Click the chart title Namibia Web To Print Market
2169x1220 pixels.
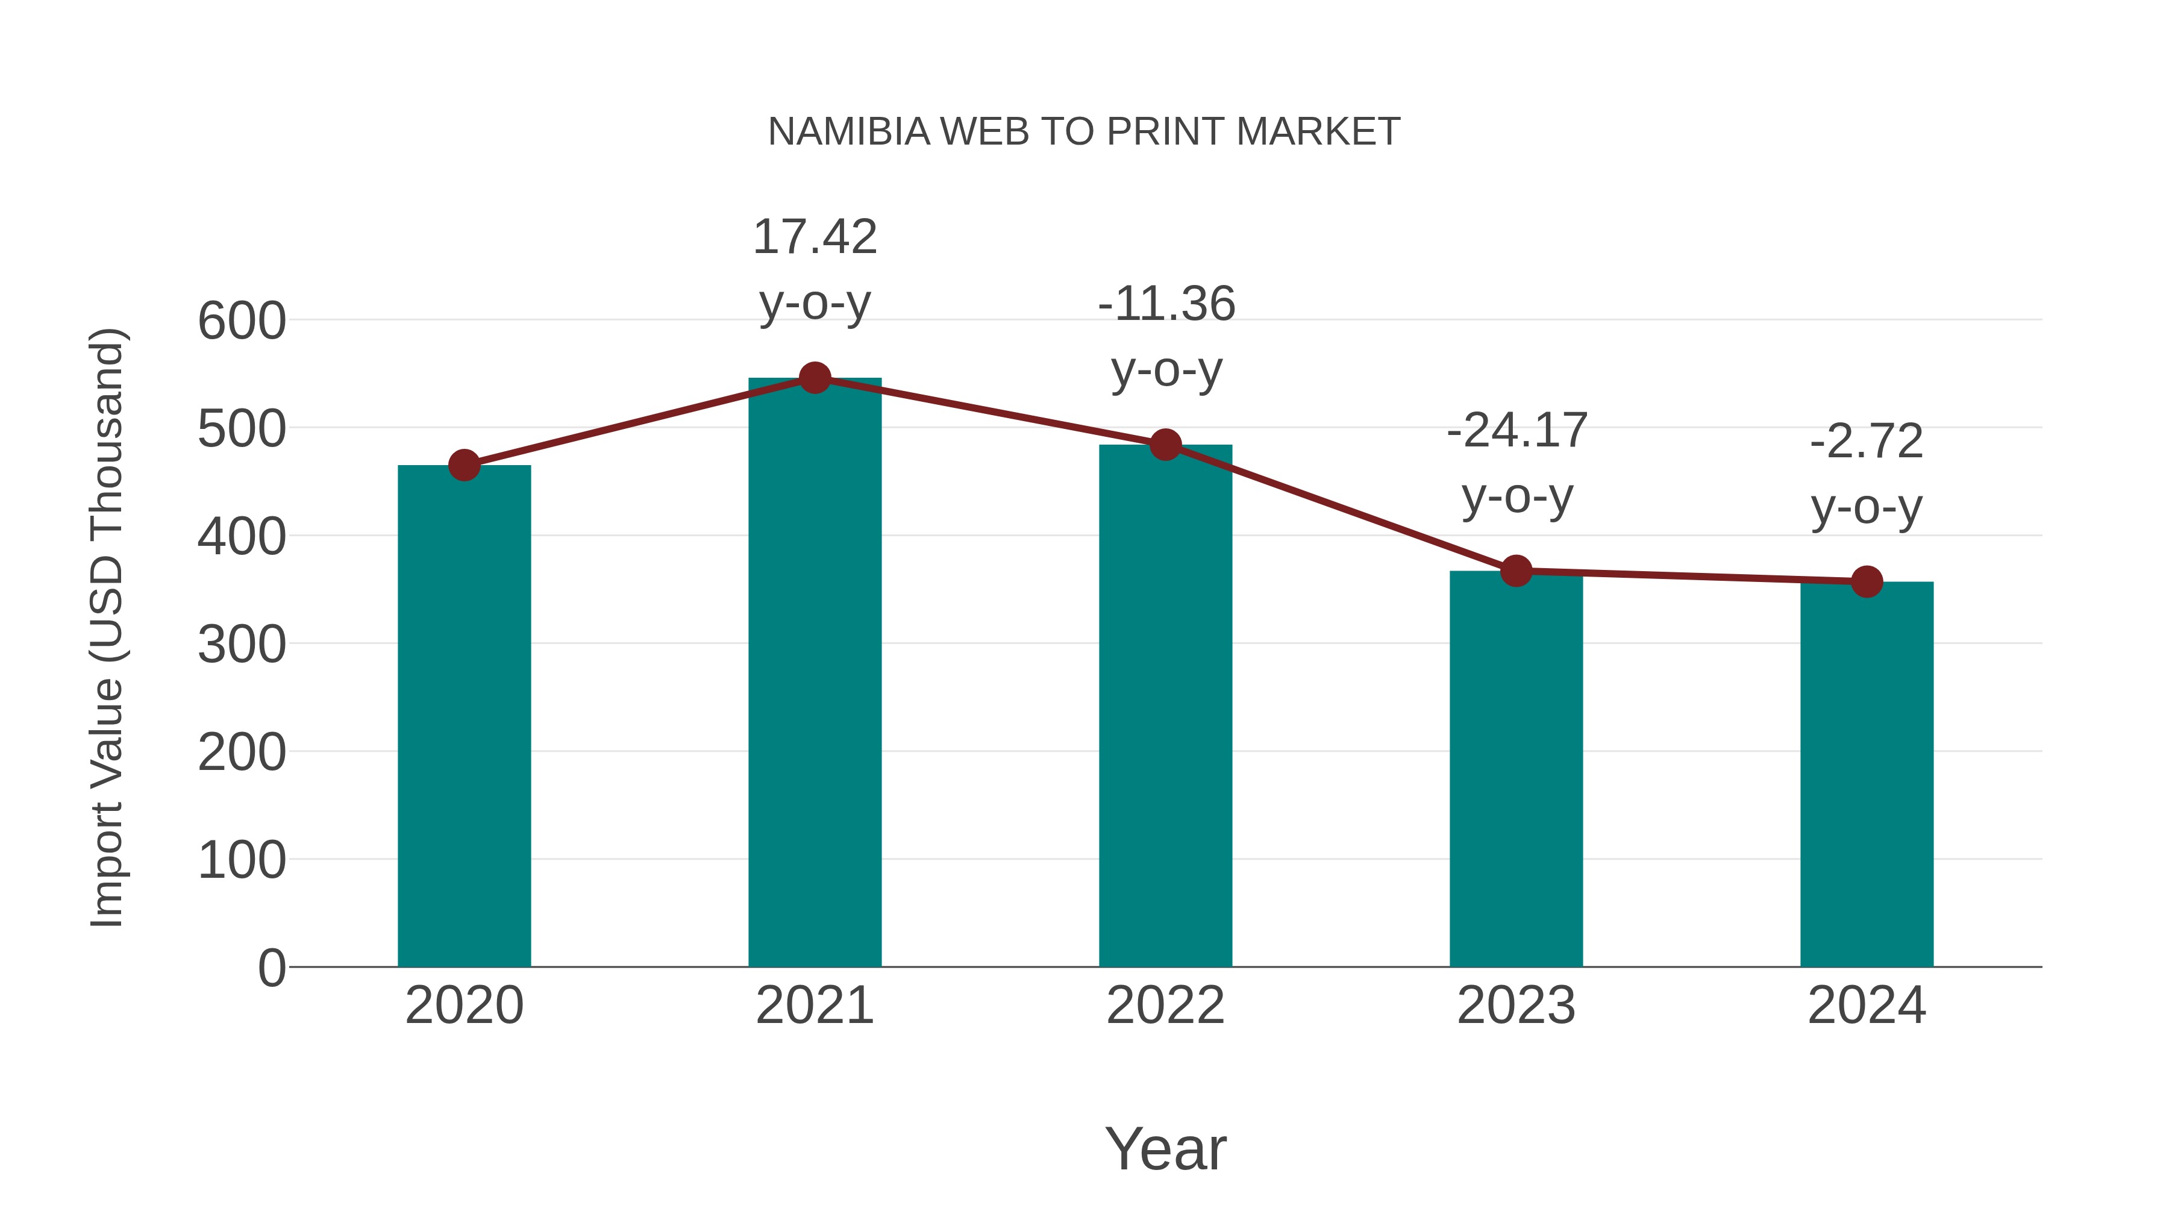tap(1084, 132)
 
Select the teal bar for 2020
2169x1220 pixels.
tap(464, 716)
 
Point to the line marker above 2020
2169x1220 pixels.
tap(464, 465)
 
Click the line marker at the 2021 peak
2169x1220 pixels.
tap(814, 378)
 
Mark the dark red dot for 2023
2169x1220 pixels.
tap(1516, 571)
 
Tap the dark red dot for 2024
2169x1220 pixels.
tap(1867, 581)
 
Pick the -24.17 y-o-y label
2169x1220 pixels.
tap(1516, 463)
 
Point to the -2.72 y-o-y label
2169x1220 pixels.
tap(1867, 474)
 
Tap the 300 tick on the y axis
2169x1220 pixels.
tap(242, 645)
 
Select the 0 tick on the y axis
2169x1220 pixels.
tap(272, 968)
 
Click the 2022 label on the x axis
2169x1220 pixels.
tap(1165, 1006)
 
